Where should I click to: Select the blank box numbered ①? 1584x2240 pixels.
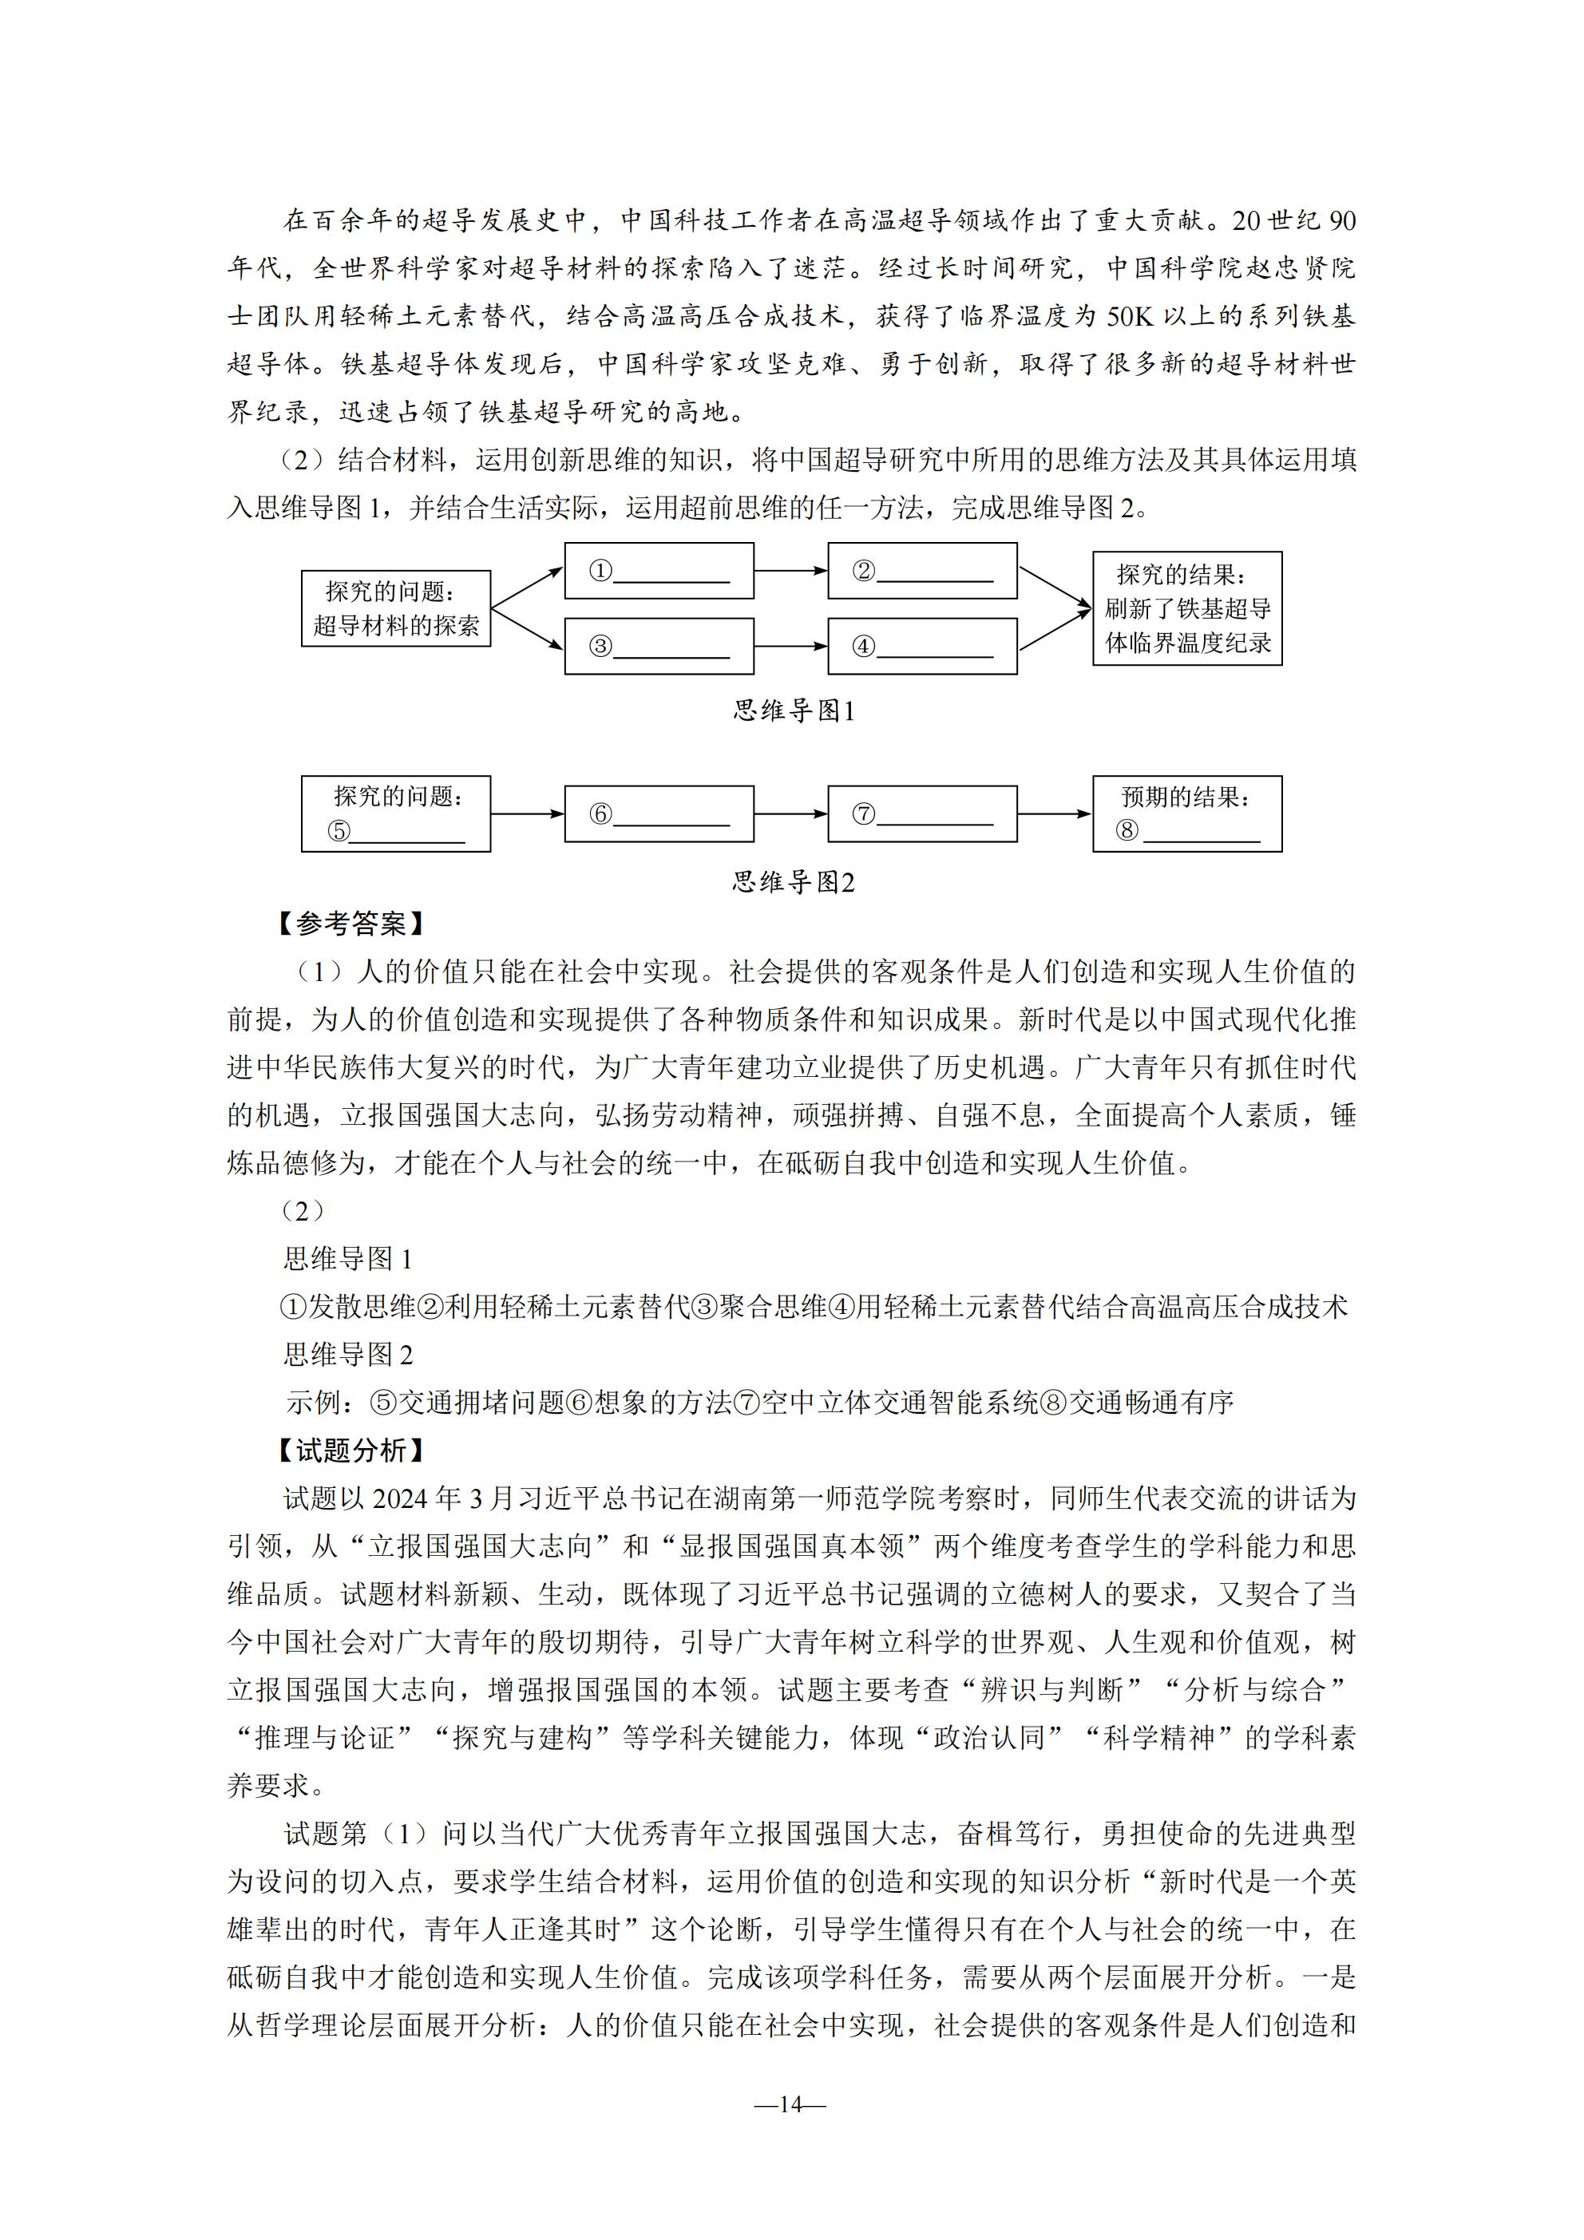659,571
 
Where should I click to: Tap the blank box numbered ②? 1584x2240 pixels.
921,571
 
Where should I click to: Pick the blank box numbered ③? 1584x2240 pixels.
659,646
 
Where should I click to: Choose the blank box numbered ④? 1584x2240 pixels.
921,646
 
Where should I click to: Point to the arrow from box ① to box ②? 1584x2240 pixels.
790,571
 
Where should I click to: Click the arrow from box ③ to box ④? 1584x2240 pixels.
790,646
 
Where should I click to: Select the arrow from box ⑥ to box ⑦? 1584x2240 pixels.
790,813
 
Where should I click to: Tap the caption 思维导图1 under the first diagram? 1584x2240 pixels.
794,711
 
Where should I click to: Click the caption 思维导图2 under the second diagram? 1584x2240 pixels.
794,883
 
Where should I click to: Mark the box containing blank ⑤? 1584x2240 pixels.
395,813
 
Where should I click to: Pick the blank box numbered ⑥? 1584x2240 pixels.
659,813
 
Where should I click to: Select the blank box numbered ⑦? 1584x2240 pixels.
921,813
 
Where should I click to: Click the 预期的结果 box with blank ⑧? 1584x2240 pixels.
1186,813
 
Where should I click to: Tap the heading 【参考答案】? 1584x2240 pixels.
351,924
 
